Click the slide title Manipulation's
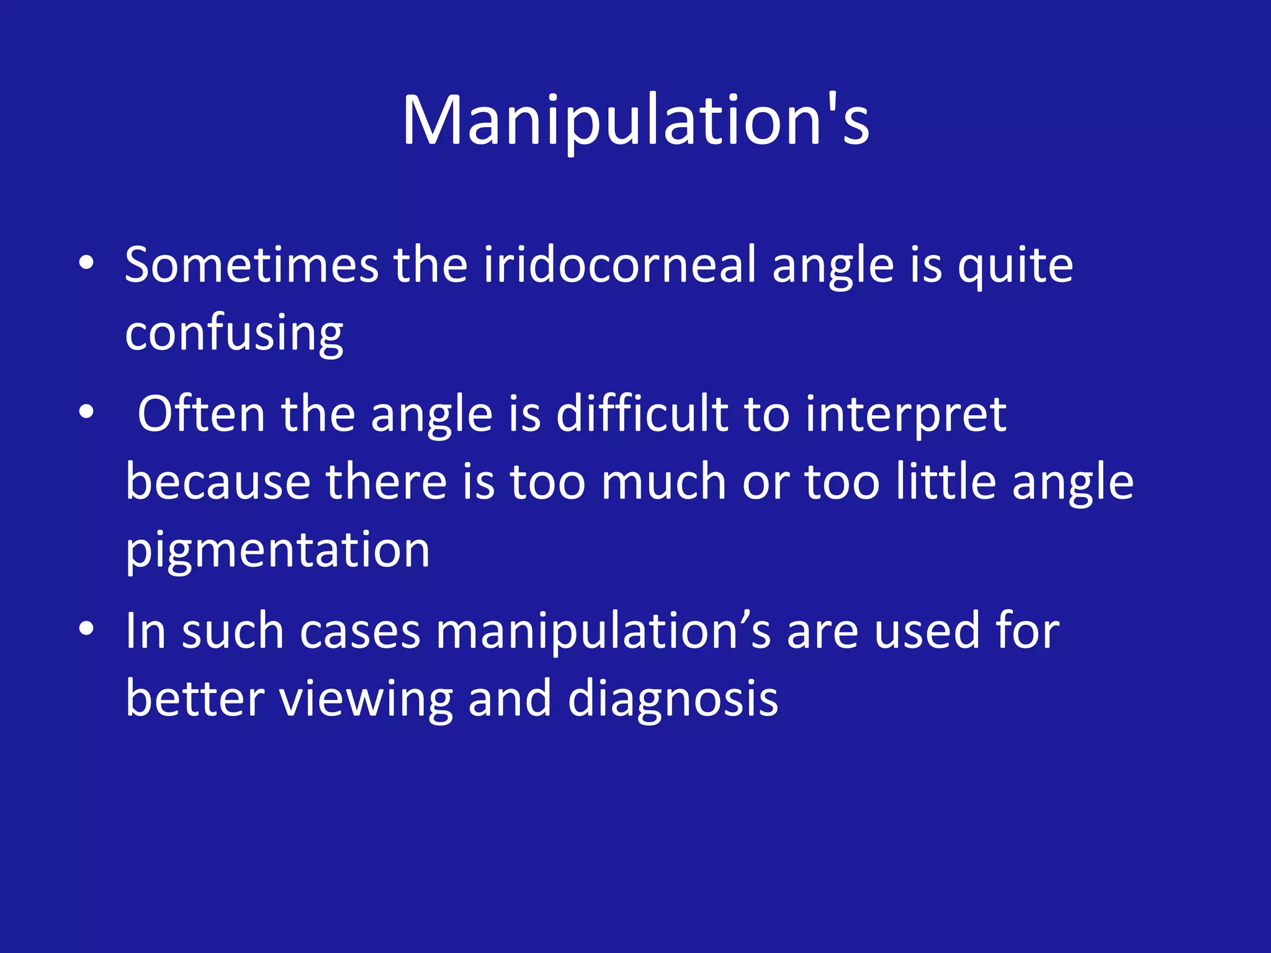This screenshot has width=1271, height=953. tap(635, 120)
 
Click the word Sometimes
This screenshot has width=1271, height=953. tap(251, 266)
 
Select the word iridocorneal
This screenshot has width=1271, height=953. tap(619, 266)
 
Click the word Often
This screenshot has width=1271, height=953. tap(201, 414)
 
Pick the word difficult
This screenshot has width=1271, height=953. tap(642, 414)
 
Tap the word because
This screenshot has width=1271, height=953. tap(218, 482)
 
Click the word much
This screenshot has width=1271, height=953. tap(663, 482)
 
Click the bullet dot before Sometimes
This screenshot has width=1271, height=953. tap(86, 263)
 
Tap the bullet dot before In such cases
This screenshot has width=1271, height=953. tap(86, 629)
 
